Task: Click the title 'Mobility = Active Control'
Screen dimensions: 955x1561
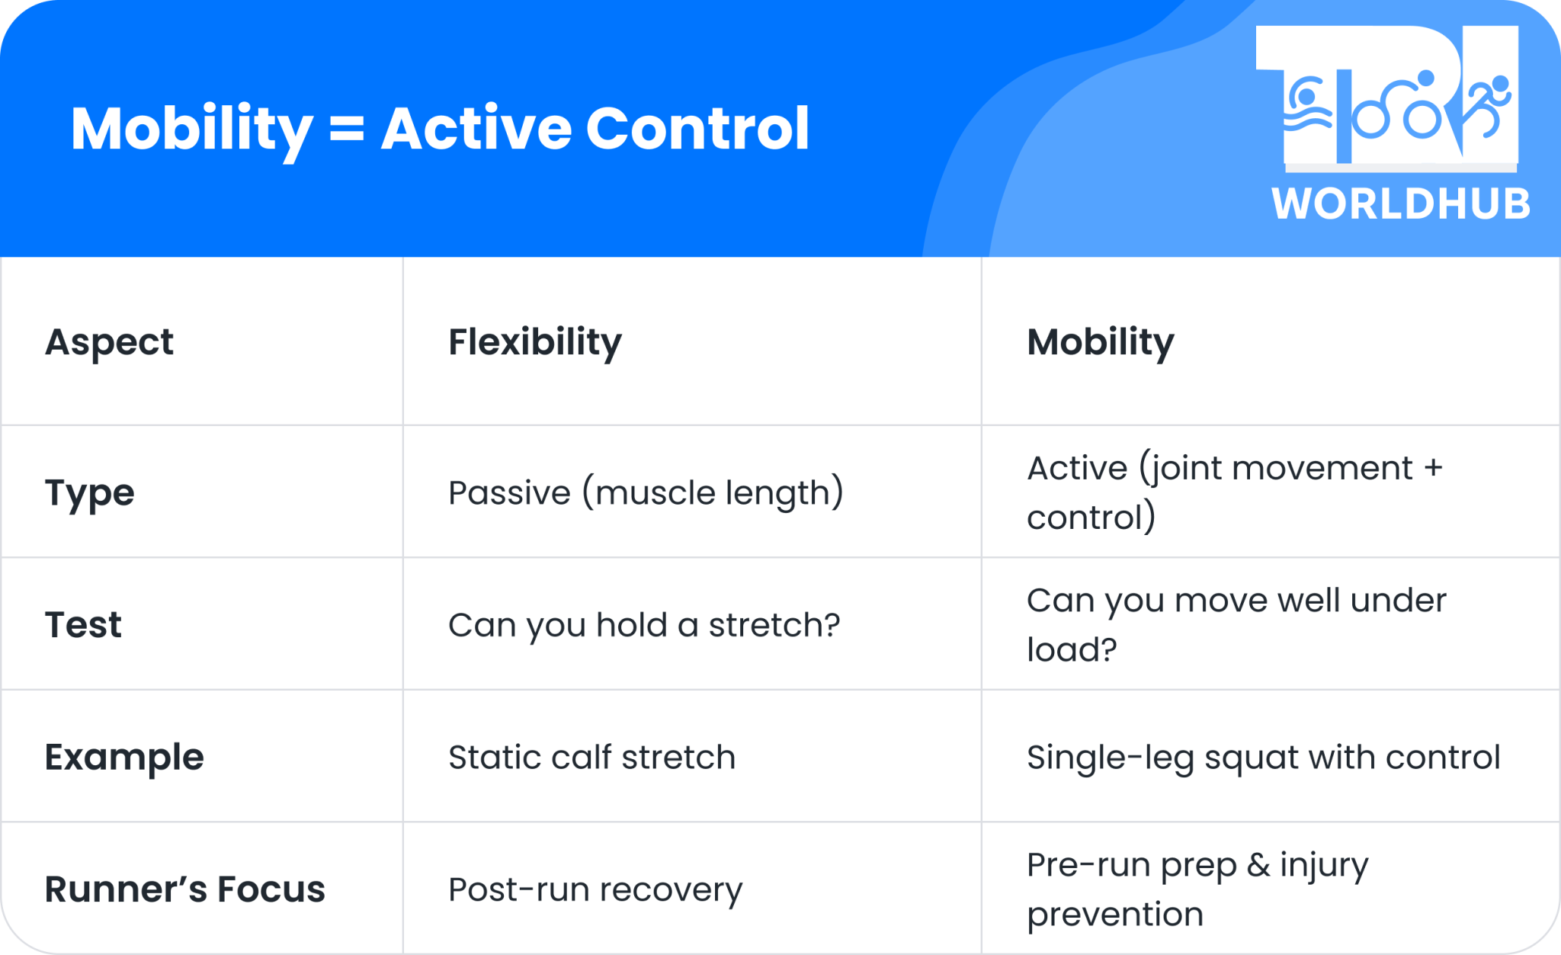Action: (x=440, y=129)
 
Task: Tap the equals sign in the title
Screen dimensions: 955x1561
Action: (x=347, y=129)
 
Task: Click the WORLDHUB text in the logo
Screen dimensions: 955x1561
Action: (x=1401, y=204)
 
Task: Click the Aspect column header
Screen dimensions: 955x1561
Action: (x=109, y=341)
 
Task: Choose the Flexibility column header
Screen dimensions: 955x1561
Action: (x=534, y=341)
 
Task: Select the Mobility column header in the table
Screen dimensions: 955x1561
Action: (x=1100, y=341)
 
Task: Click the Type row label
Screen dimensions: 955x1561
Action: (x=89, y=492)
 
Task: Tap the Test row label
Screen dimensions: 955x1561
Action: (x=83, y=625)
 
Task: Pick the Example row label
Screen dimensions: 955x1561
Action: (x=124, y=757)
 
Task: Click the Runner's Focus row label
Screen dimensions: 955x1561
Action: (x=184, y=889)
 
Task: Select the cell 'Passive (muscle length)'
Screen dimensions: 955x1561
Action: (x=646, y=492)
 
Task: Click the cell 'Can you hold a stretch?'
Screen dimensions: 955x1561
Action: (x=644, y=625)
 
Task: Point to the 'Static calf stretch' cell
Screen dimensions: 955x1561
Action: (x=591, y=757)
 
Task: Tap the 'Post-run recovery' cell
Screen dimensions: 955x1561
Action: (x=595, y=889)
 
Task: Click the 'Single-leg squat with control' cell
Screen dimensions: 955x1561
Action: (x=1263, y=757)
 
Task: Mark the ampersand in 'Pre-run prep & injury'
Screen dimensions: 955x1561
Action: (x=1258, y=865)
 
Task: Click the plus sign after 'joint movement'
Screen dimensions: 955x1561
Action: (x=1433, y=468)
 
